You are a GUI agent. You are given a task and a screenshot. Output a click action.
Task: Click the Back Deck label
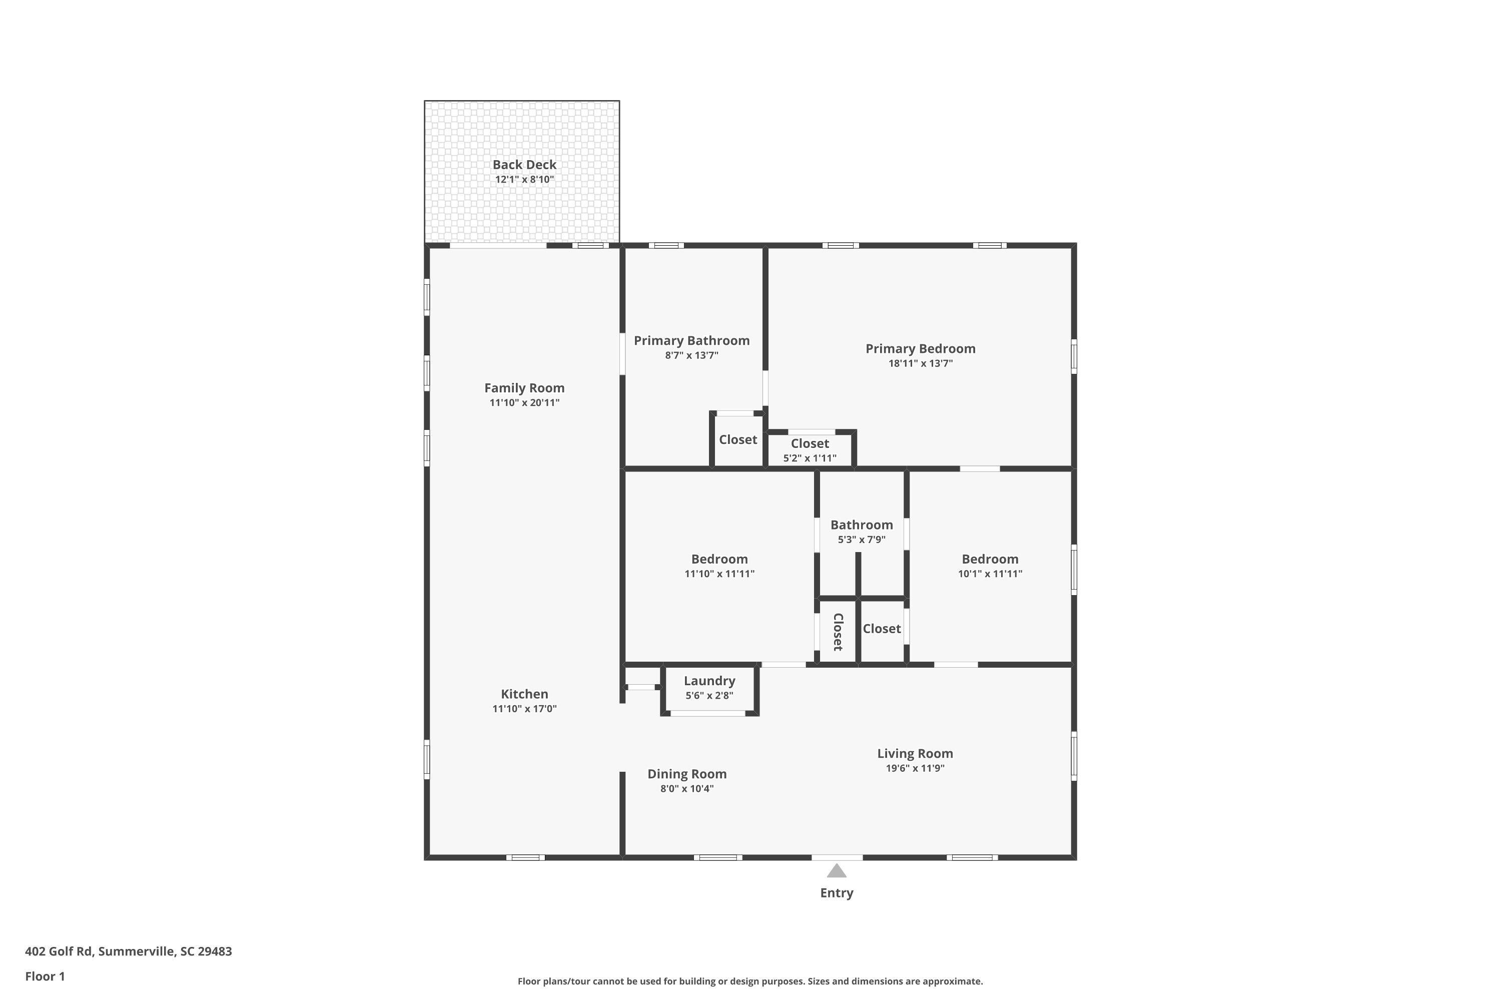[524, 165]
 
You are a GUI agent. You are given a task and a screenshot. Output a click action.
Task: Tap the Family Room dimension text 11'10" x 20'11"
[524, 403]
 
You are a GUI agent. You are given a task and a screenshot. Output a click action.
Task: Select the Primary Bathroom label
[691, 341]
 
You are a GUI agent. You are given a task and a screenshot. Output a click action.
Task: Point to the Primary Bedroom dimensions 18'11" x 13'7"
[920, 364]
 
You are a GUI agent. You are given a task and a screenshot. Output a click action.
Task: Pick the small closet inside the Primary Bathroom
[737, 440]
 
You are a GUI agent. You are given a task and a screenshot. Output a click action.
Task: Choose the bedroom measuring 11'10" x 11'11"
[719, 566]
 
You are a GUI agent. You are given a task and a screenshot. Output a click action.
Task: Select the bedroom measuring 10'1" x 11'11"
[989, 566]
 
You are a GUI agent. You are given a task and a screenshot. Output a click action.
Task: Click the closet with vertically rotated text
[838, 632]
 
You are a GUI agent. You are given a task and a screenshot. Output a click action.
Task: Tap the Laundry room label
[709, 681]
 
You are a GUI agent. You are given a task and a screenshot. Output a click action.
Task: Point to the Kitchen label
[524, 694]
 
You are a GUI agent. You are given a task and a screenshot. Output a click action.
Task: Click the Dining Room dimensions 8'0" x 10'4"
[686, 789]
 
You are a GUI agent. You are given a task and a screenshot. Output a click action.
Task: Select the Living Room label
[915, 754]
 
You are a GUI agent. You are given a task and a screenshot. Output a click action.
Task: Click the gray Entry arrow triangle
[836, 871]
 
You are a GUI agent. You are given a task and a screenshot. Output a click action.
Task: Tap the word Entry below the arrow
[836, 893]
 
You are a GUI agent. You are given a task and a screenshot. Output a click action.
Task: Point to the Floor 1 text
[45, 976]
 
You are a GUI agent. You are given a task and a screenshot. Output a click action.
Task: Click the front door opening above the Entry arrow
[836, 857]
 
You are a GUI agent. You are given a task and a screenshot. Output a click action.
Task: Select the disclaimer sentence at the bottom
[750, 981]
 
